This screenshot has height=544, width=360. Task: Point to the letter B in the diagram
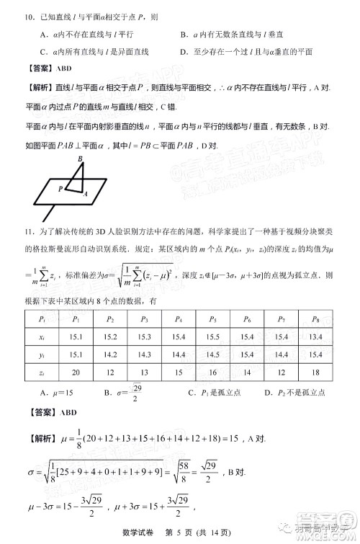80,159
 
